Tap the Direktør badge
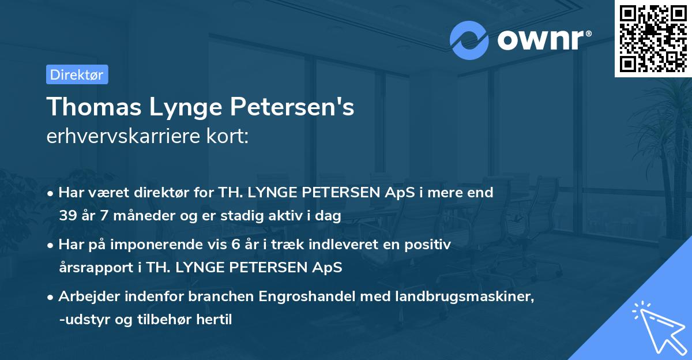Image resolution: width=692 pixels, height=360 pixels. coord(77,74)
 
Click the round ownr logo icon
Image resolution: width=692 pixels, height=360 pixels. coord(469,40)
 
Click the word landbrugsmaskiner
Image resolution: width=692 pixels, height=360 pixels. coord(446,297)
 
